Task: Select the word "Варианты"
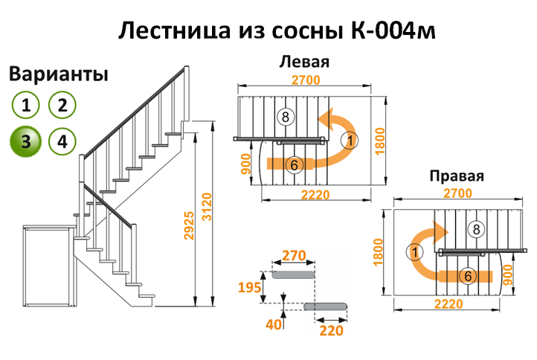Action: (x=59, y=74)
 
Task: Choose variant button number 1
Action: (x=26, y=105)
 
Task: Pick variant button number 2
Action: (x=62, y=105)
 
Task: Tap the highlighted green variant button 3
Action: (x=26, y=141)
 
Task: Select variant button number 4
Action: (x=62, y=141)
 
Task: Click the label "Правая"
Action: (x=457, y=176)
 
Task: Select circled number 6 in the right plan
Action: (x=467, y=276)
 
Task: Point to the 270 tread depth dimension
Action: (x=294, y=257)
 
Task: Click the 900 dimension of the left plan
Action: (x=246, y=162)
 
